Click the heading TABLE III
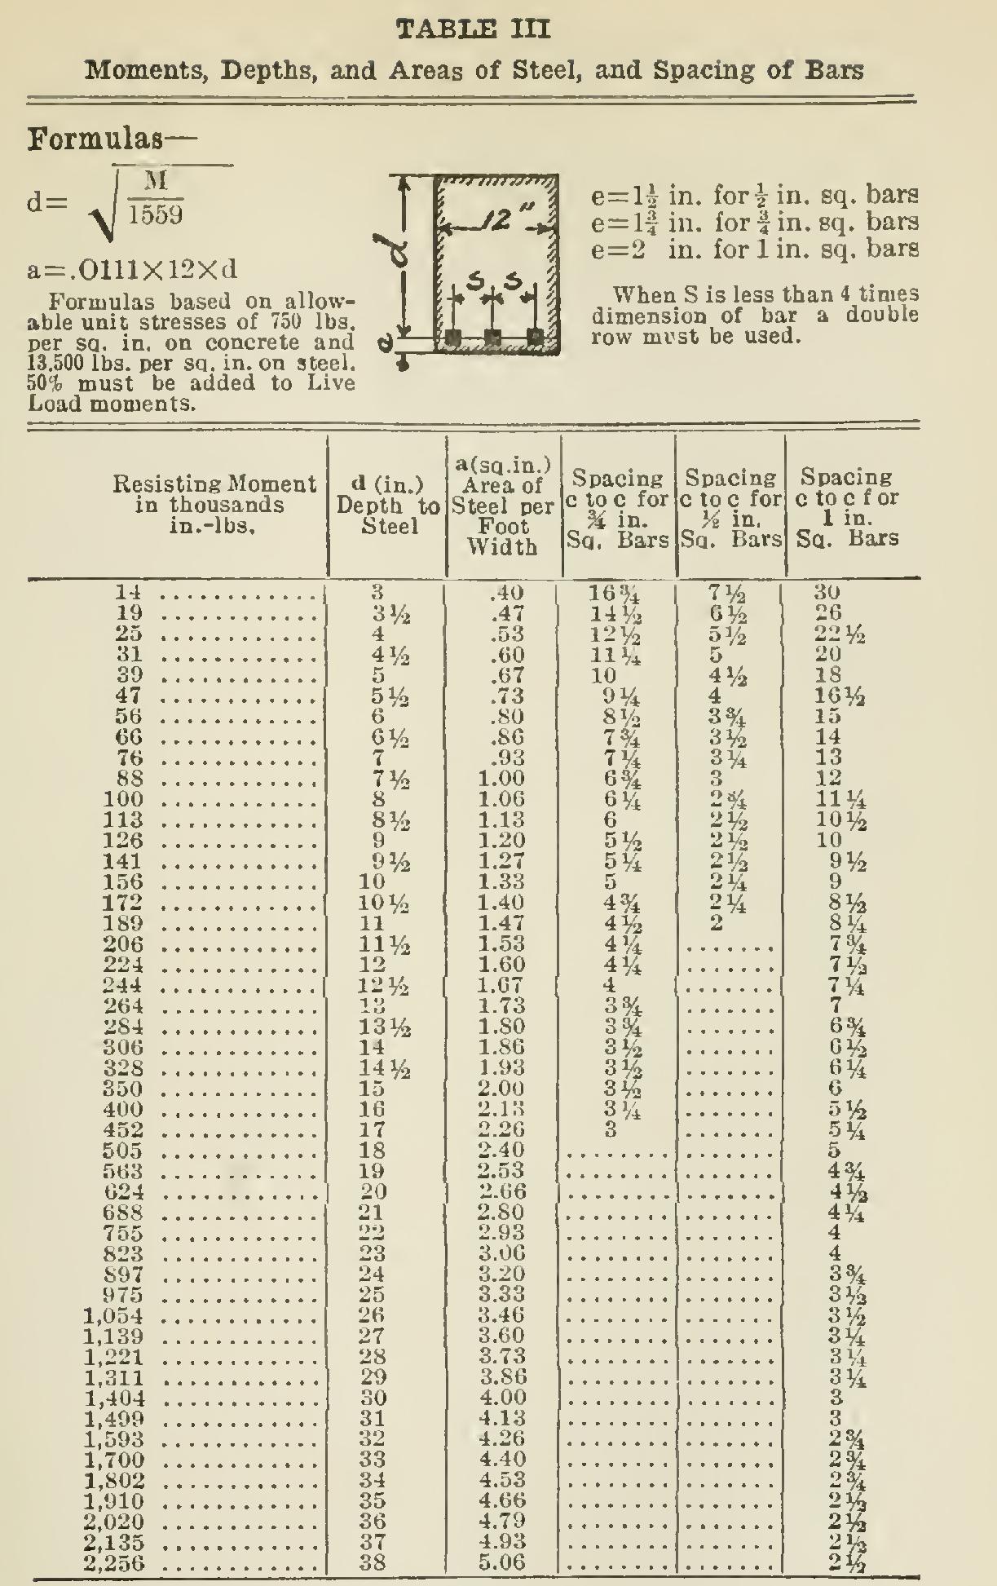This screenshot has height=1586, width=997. point(472,30)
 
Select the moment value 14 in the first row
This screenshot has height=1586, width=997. point(130,593)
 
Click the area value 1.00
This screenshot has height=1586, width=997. point(500,779)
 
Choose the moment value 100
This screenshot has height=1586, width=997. point(124,800)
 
